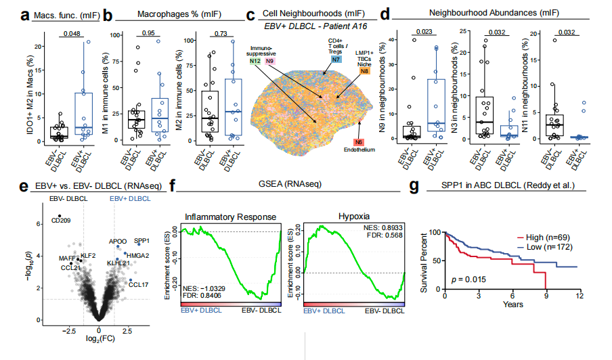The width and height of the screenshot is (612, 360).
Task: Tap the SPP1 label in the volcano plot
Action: tap(141, 240)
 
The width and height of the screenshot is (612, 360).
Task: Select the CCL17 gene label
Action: tap(139, 285)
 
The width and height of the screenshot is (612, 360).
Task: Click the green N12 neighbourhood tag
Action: tap(255, 62)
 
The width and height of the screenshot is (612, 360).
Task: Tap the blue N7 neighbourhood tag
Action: tap(336, 60)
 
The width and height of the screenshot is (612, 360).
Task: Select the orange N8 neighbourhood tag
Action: tap(365, 71)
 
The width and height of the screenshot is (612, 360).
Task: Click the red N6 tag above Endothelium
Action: tap(358, 142)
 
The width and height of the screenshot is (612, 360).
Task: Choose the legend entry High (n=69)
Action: tap(545, 238)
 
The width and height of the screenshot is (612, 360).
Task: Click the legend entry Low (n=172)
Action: tap(546, 248)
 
